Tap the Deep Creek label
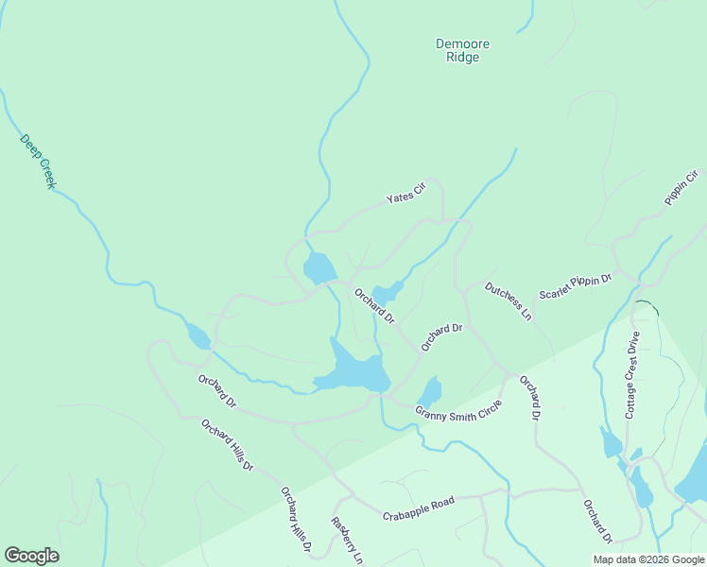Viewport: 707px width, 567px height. coord(38,161)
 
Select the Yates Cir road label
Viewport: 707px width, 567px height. coord(406,194)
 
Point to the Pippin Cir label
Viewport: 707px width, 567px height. coord(681,187)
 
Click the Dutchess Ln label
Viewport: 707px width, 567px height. coord(509,301)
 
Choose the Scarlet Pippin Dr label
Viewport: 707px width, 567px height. coord(576,286)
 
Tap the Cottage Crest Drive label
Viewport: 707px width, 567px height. coord(632,375)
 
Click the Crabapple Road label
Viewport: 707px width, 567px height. coord(419,508)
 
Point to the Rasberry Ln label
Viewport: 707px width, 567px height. coord(346,541)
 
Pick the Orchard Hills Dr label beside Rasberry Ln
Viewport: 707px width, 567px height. coord(296,520)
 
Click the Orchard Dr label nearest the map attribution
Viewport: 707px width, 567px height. coord(597,521)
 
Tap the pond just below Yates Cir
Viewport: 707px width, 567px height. coord(319,268)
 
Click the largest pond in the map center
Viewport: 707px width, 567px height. coord(354,370)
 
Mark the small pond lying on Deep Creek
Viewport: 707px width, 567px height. coord(198,335)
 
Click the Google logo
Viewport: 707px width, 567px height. coord(31,556)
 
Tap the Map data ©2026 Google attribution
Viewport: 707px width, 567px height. coord(648,559)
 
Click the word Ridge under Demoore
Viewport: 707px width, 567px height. coord(463,58)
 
